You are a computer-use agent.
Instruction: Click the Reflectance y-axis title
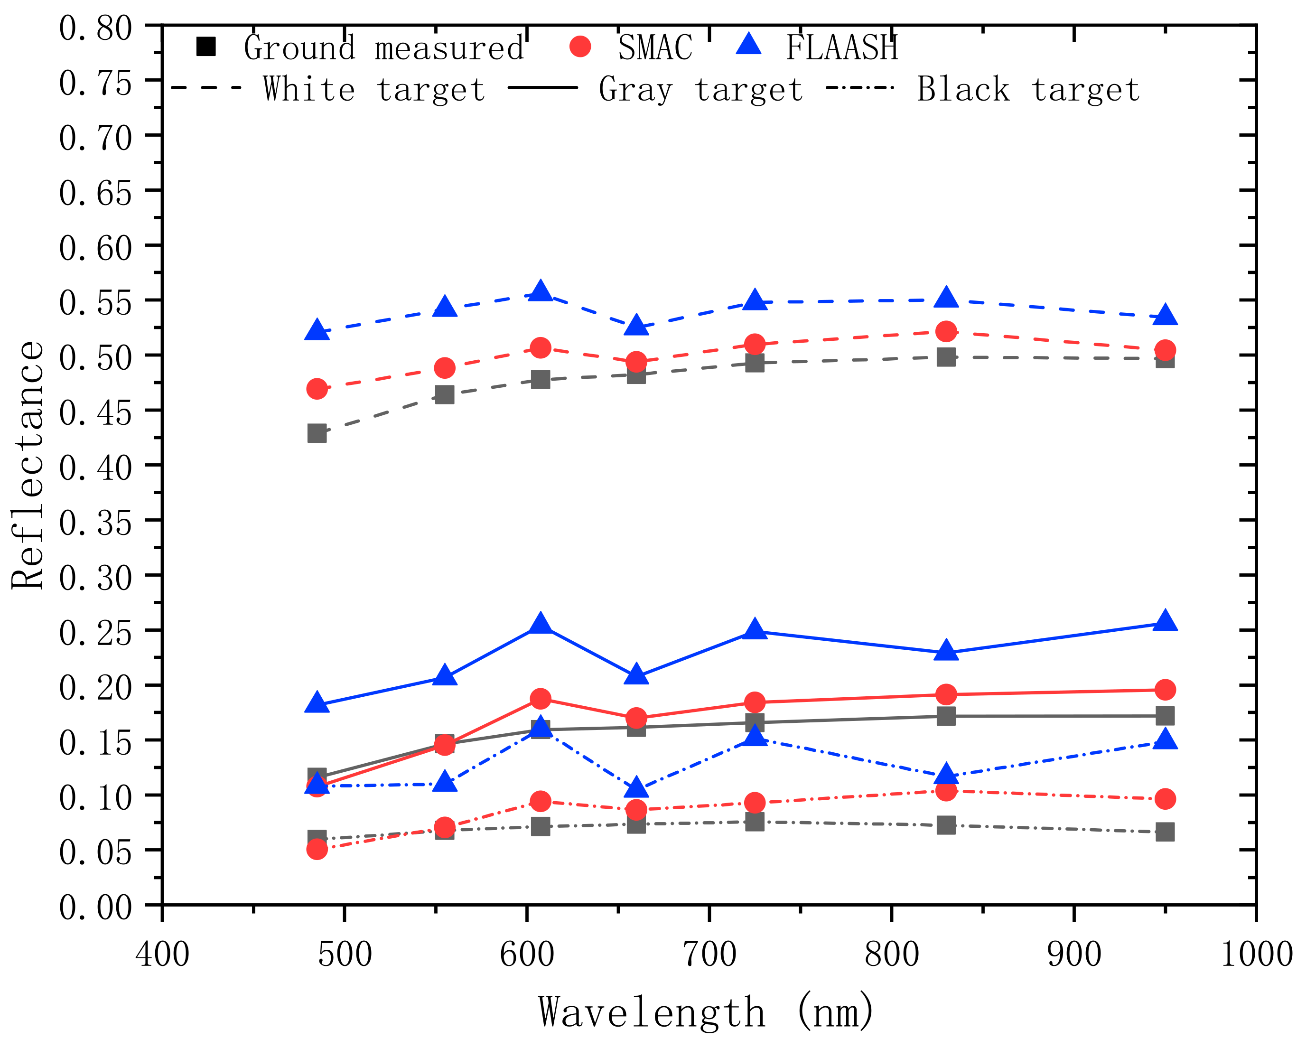point(28,465)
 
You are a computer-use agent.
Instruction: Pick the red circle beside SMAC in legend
point(580,47)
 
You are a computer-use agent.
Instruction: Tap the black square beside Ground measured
point(206,47)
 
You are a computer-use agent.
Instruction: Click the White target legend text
point(374,90)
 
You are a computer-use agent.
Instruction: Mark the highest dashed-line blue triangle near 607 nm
point(541,291)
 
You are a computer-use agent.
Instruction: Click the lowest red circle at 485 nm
point(317,849)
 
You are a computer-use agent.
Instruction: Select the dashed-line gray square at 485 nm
point(317,433)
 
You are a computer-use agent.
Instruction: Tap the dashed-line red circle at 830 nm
point(946,331)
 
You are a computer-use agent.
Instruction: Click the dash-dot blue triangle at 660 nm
point(636,788)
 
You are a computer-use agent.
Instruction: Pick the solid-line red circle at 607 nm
point(541,699)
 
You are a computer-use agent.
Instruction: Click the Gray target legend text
point(700,90)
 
